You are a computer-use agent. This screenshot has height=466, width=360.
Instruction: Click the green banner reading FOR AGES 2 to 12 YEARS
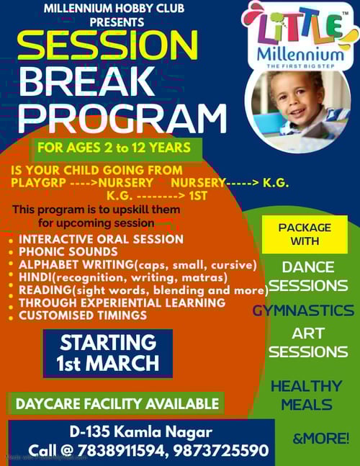pos(114,149)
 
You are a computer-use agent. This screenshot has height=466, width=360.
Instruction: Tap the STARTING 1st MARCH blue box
pos(107,353)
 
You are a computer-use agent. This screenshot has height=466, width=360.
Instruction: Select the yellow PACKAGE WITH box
pos(304,234)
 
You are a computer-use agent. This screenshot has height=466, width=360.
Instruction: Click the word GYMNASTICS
pos(303,310)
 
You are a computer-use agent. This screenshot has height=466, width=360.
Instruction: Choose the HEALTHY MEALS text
pos(306,395)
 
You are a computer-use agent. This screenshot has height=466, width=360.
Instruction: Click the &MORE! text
pos(320,437)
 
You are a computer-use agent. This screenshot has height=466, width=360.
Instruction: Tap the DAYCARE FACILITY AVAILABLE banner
pos(117,403)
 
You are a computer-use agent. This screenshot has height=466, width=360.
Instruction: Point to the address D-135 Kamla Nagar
pos(141,432)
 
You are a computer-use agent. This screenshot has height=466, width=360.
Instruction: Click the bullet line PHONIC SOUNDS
pos(68,252)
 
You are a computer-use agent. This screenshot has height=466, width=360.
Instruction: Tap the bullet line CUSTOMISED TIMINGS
pos(82,315)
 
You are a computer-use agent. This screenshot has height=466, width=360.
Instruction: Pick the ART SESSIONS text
pos(308,343)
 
